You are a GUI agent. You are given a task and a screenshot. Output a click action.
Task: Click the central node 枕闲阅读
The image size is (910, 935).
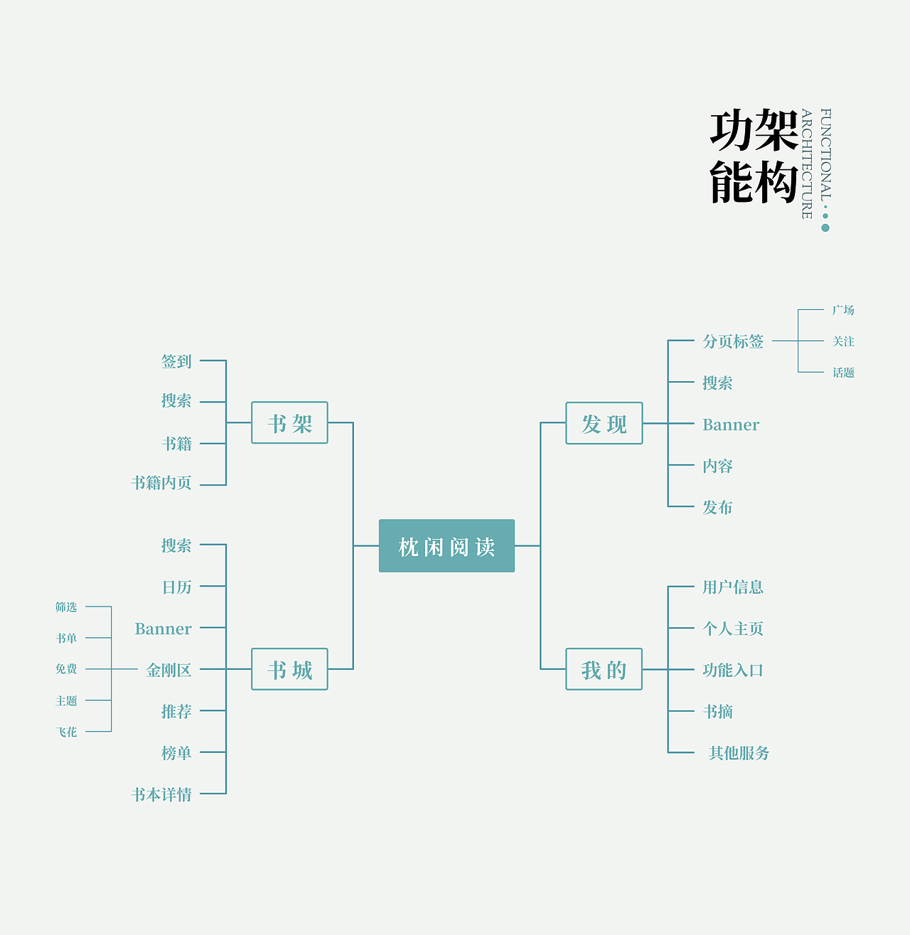446,546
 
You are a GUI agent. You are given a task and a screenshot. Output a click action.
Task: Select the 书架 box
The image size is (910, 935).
289,423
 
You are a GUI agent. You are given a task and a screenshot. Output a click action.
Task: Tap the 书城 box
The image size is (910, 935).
289,669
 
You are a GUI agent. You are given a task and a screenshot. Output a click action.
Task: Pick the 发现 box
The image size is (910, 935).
604,423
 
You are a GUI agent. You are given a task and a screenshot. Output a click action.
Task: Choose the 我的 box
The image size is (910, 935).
604,669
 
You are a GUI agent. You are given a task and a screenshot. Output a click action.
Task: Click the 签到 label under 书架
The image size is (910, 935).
176,361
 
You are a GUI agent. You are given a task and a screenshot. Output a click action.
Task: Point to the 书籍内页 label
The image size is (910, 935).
161,483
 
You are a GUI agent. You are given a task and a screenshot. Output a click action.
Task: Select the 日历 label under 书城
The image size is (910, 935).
176,587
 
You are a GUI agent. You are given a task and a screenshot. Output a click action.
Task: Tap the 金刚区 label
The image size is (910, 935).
168,670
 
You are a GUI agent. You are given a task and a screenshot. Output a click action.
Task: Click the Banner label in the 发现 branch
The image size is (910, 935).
731,425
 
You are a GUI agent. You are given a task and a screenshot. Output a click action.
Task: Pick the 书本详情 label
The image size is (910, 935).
161,794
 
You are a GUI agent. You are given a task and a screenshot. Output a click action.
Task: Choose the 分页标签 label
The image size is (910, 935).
733,341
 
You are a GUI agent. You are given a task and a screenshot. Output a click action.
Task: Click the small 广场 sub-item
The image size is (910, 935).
843,310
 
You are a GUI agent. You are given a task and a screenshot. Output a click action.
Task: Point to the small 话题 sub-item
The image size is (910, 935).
843,373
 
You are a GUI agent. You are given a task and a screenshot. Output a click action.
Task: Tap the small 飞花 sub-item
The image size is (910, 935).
66,732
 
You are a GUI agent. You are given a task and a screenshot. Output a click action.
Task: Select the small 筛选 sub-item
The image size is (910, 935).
66,607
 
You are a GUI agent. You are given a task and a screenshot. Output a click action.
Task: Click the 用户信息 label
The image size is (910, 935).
733,587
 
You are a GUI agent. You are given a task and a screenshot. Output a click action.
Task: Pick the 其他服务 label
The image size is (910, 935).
739,753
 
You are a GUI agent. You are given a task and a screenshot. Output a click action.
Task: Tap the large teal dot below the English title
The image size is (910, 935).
825,228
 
